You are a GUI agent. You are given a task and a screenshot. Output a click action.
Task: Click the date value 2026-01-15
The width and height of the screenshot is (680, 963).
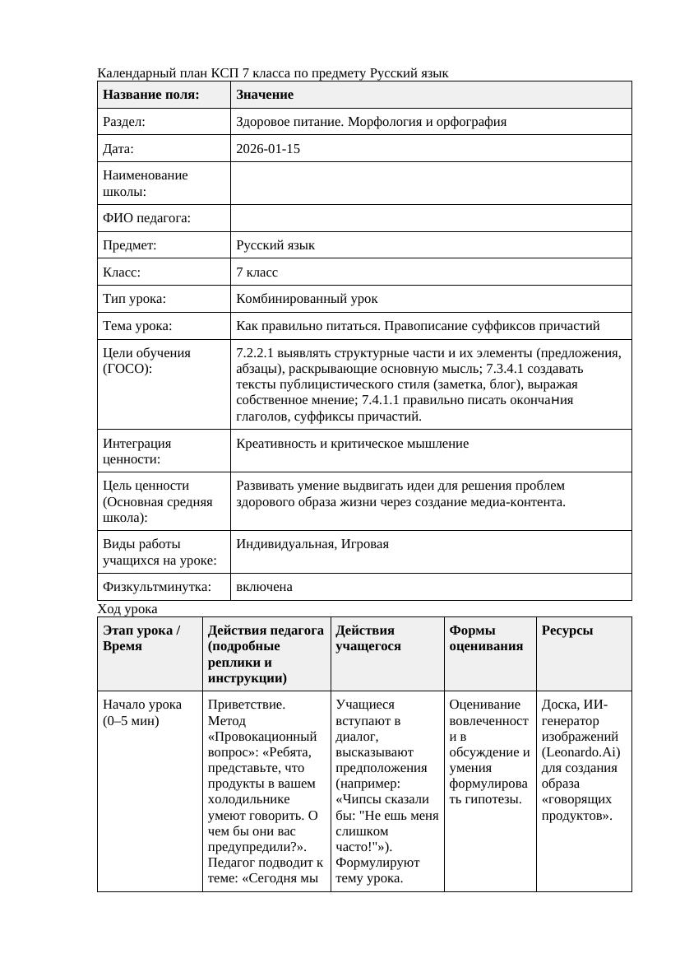click(x=267, y=149)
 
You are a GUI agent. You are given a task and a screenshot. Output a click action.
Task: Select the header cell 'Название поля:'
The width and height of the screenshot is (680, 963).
click(x=151, y=95)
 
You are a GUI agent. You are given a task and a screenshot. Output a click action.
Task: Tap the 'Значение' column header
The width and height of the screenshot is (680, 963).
click(x=265, y=95)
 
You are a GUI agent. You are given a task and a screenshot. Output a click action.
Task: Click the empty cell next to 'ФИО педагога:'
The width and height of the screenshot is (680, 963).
click(x=431, y=218)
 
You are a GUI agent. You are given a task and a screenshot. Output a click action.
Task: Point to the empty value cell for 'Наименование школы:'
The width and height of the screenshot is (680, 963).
click(x=431, y=184)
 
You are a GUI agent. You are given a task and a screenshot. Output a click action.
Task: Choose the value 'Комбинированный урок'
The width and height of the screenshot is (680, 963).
click(x=307, y=299)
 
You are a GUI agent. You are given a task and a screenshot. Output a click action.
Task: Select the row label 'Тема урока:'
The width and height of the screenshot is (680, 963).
click(x=137, y=326)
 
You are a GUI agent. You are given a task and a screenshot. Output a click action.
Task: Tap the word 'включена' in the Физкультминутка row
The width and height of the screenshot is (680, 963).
click(x=264, y=587)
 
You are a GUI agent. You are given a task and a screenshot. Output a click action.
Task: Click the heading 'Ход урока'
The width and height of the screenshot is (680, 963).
click(x=127, y=609)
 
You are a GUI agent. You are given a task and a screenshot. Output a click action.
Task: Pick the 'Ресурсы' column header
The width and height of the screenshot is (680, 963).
click(x=567, y=630)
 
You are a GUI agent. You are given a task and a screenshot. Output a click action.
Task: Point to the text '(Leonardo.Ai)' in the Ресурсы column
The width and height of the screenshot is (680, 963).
click(x=581, y=752)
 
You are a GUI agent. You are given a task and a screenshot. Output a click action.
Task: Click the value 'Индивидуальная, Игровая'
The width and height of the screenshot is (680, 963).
click(x=312, y=544)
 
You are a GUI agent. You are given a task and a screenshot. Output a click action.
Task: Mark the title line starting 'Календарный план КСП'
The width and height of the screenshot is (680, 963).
click(x=273, y=73)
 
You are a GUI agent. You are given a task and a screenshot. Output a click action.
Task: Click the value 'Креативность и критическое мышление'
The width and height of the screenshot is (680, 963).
click(x=352, y=444)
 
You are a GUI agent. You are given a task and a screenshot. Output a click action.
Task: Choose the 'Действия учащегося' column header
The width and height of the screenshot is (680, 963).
click(x=365, y=638)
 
